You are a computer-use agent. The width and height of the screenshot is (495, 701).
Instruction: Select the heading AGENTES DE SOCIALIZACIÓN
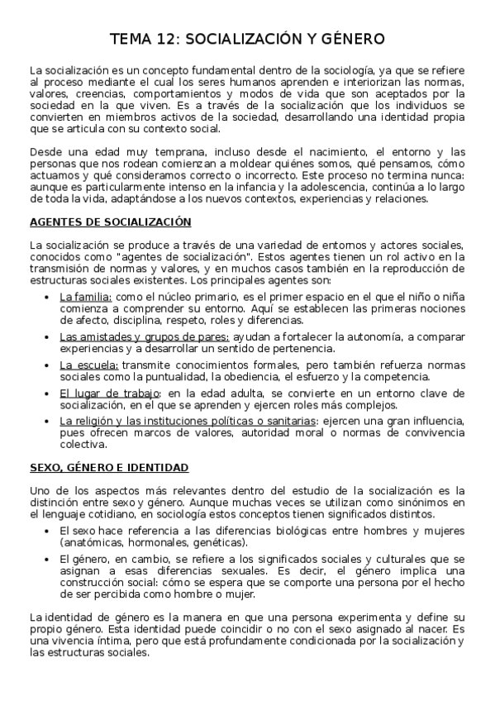pyautogui.click(x=110, y=222)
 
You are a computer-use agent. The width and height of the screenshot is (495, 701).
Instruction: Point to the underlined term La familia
pyautogui.click(x=85, y=296)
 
